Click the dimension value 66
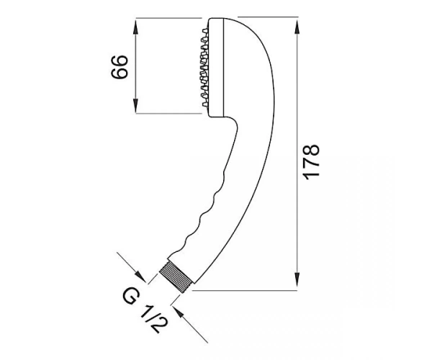pos(120,67)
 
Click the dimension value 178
pos(311,162)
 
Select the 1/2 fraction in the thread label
pos(153,319)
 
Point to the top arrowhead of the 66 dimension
pos(135,27)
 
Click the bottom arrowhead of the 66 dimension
pos(135,105)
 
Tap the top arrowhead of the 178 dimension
pos(297,27)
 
